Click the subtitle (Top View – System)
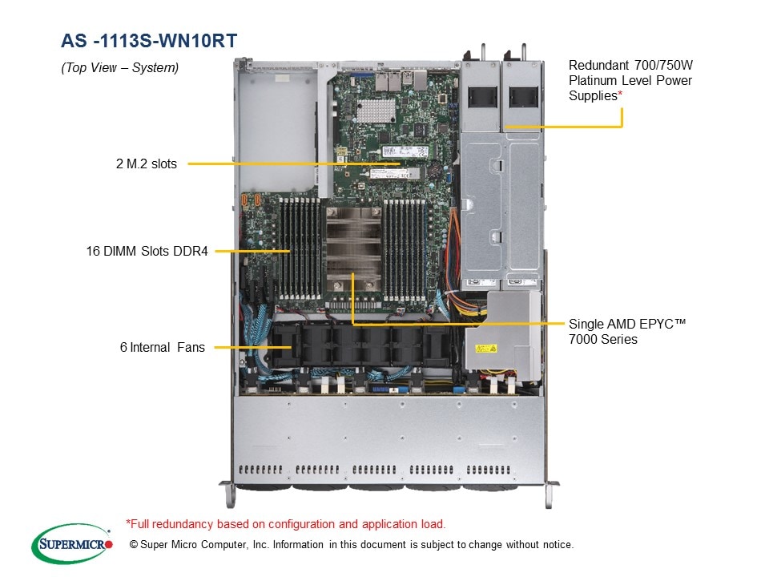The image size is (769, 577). pos(120,68)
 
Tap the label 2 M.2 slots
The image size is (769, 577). pos(147,164)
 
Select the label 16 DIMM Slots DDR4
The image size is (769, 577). pos(147,251)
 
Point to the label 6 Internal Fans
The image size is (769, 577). pos(163,347)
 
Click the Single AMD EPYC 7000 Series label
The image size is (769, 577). pos(627,331)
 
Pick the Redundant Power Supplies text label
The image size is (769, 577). pos(630,80)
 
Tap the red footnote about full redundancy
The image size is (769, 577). pos(286,524)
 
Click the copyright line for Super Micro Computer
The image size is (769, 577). pos(352,545)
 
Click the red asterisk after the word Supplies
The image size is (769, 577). pos(620,96)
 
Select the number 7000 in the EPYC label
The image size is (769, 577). pos(586,339)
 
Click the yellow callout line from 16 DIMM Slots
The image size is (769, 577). pos(252,251)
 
